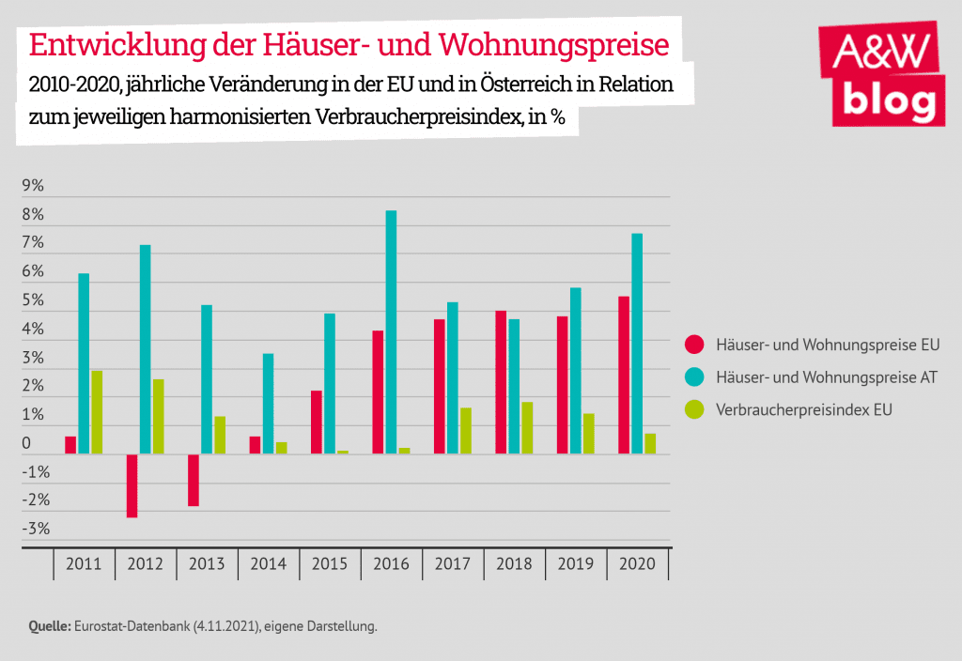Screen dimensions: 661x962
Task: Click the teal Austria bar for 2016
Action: (x=392, y=332)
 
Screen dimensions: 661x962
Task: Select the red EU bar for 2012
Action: (x=132, y=485)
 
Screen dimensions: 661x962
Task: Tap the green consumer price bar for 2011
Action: (x=97, y=412)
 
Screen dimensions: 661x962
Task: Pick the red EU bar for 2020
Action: (x=624, y=376)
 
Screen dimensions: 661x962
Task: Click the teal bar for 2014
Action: (x=268, y=404)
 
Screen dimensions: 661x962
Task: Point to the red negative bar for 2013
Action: (x=194, y=480)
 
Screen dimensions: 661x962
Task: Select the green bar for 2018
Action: (x=527, y=428)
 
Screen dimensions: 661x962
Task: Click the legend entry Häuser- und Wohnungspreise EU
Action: (x=827, y=345)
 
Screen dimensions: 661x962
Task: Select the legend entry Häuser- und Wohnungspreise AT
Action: (x=826, y=377)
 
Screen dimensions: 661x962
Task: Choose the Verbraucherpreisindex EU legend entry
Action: (x=803, y=410)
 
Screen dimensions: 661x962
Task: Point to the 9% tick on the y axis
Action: (x=33, y=186)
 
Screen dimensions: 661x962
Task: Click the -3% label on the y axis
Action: (x=36, y=529)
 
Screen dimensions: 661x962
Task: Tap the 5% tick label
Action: (x=33, y=300)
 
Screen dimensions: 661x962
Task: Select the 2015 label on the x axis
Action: (x=330, y=565)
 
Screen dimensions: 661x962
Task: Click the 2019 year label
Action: (x=576, y=565)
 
